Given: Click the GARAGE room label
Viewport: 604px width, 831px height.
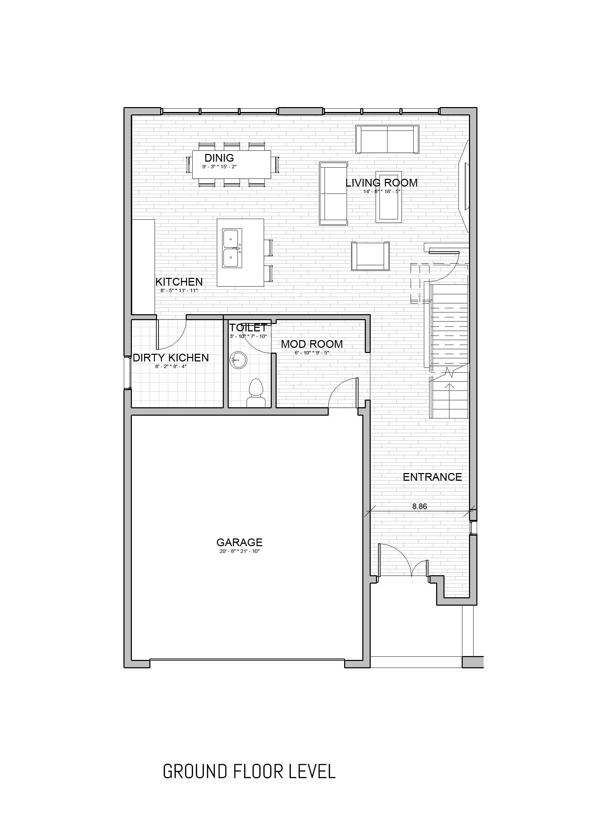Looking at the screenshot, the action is click(x=240, y=542).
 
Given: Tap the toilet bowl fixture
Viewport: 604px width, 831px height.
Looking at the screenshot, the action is click(x=256, y=393).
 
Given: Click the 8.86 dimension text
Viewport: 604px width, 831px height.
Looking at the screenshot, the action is click(x=419, y=506).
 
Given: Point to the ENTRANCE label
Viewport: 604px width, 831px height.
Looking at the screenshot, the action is click(x=432, y=477).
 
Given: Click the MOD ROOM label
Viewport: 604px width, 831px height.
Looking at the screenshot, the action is click(x=312, y=344).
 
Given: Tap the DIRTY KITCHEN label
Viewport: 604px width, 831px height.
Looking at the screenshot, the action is click(x=171, y=358).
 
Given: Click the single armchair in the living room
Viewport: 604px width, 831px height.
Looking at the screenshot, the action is click(x=370, y=256).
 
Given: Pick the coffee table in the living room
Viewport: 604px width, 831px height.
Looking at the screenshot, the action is click(x=388, y=197).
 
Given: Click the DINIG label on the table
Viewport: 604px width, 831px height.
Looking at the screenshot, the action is click(x=219, y=158).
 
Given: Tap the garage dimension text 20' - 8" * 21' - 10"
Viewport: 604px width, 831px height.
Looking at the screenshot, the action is click(x=240, y=551).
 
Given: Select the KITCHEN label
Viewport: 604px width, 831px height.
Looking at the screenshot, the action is click(x=179, y=282).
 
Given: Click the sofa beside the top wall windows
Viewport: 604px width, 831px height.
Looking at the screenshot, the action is click(x=387, y=140).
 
